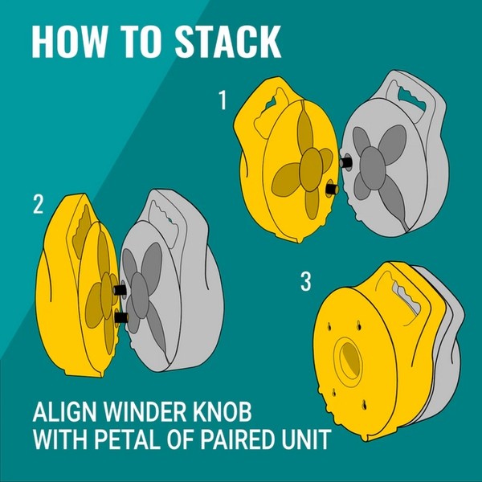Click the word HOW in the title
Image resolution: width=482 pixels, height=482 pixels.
(67, 42)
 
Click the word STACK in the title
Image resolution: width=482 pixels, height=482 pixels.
(228, 42)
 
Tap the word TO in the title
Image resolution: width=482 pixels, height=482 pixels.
(139, 42)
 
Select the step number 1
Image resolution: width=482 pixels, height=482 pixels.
(223, 100)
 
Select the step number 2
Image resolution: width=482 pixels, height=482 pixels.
(38, 204)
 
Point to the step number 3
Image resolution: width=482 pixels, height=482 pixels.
(305, 281)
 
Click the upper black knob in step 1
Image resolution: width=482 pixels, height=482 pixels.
(346, 161)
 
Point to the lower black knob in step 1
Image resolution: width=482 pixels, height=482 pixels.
(333, 188)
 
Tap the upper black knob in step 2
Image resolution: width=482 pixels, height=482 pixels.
(120, 289)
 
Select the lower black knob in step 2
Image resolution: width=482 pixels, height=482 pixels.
(121, 317)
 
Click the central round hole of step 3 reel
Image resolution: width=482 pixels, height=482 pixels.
(349, 359)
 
